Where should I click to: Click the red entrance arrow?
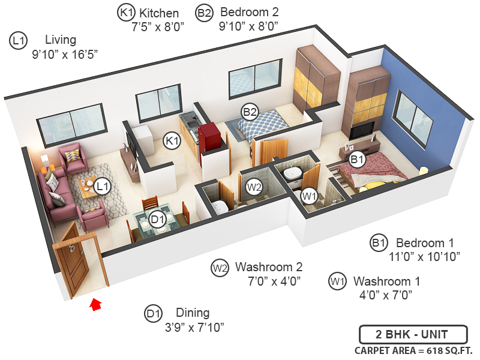pos(95,304)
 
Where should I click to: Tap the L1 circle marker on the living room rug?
pos(103,186)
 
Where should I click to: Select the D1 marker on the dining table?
pos(158,220)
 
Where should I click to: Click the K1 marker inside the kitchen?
pos(173,141)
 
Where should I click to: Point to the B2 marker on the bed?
pos(250,112)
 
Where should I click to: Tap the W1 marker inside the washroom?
pos(310,195)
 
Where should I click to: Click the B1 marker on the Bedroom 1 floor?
pos(358,160)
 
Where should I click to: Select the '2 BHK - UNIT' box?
pos(412,334)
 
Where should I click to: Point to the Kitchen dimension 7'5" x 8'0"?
pos(157,26)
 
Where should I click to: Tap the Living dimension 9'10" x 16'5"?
pos(65,54)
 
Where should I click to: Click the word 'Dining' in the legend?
pos(193,313)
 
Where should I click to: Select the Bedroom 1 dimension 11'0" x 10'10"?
pos(424,257)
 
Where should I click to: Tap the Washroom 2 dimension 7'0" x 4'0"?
pos(274,280)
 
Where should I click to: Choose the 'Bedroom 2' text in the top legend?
pos(250,12)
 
